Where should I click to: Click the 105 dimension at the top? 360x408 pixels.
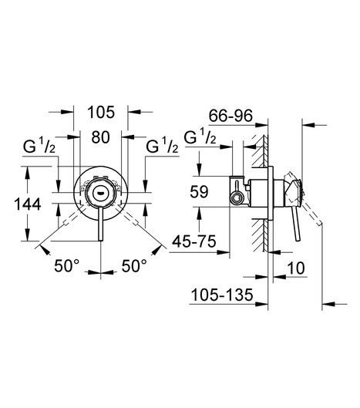pyautogui.click(x=101, y=112)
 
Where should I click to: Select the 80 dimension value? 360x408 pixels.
pyautogui.click(x=100, y=137)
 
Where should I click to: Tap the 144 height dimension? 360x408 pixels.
pyautogui.click(x=27, y=204)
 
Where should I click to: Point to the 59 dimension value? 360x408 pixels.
pyautogui.click(x=199, y=192)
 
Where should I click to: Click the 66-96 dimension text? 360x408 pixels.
pyautogui.click(x=230, y=115)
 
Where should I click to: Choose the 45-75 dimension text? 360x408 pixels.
pyautogui.click(x=194, y=241)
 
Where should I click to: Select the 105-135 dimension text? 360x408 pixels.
pyautogui.click(x=222, y=295)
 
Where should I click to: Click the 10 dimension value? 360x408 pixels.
pyautogui.click(x=296, y=268)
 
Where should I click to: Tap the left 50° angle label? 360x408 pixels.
pyautogui.click(x=66, y=265)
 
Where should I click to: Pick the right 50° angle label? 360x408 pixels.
pyautogui.click(x=134, y=265)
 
